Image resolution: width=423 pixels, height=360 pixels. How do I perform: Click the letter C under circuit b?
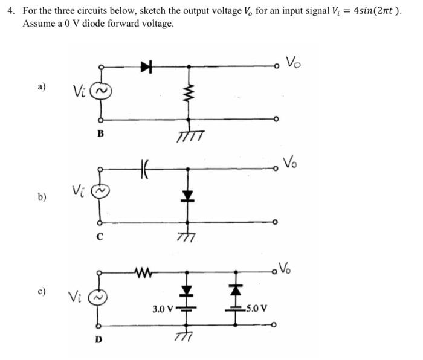[x=100, y=237]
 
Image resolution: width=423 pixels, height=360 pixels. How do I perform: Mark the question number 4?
[x=10, y=11]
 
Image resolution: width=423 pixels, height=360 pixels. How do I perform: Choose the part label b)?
[x=42, y=196]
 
